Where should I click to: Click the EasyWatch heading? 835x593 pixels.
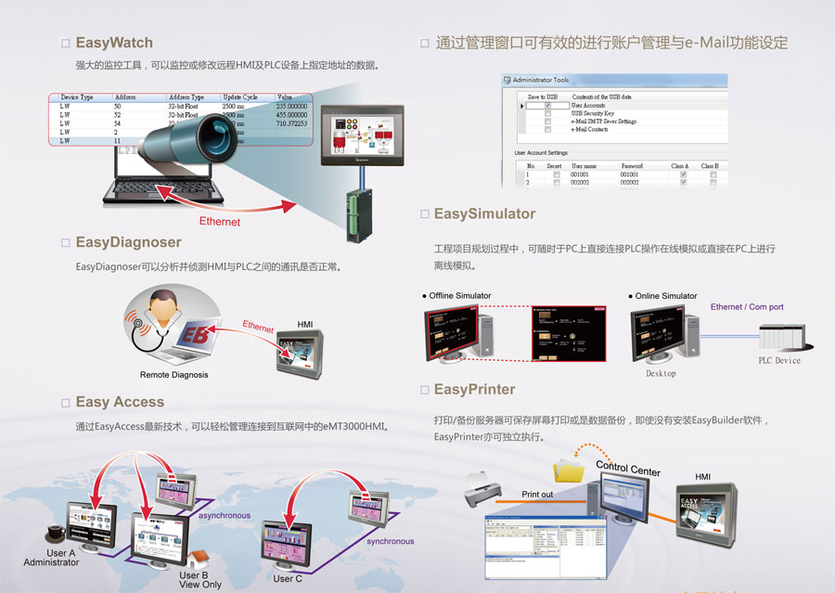click(114, 43)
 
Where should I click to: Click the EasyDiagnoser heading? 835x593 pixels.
click(128, 242)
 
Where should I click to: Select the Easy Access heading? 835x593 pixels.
click(120, 402)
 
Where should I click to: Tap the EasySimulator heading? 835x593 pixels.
click(484, 213)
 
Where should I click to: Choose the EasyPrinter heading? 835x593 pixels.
click(474, 389)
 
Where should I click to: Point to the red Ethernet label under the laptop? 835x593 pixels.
click(220, 222)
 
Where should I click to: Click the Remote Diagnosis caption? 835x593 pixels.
click(173, 375)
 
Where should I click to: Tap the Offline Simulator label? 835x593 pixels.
click(459, 296)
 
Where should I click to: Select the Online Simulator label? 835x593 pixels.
click(665, 296)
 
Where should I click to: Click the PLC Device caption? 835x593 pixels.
click(779, 361)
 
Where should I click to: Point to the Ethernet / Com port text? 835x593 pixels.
click(747, 307)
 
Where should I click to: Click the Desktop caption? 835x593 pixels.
click(661, 373)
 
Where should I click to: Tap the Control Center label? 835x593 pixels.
click(628, 468)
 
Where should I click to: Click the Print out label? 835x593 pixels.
click(537, 495)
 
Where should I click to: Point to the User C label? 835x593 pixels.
click(288, 579)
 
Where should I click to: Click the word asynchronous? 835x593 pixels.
click(224, 514)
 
